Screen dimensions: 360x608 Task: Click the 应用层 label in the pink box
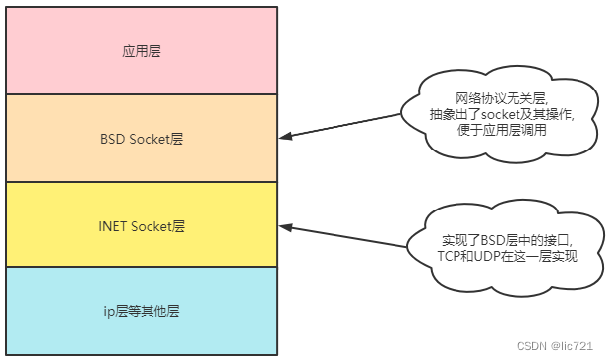click(142, 51)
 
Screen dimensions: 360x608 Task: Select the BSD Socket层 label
click(142, 139)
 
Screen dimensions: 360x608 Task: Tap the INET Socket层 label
click(142, 225)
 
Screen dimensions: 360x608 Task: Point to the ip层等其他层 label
click(142, 312)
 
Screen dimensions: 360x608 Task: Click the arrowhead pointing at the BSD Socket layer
click(285, 135)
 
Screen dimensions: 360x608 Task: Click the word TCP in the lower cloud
click(450, 256)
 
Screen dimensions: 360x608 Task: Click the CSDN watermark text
click(531, 346)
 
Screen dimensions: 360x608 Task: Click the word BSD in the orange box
click(113, 139)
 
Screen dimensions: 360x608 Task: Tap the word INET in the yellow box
click(114, 225)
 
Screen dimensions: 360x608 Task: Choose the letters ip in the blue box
click(109, 312)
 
